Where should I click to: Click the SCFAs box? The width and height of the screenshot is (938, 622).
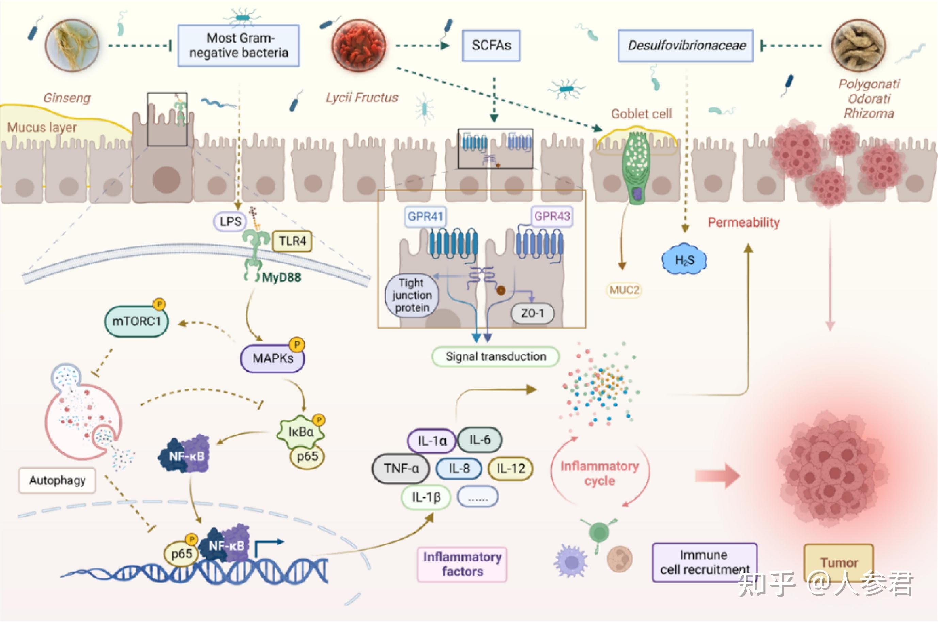491,46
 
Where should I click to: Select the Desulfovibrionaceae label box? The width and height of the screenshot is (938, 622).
685,46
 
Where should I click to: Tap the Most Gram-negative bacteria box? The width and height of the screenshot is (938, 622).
239,46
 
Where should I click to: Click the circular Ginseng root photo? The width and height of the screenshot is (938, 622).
72,45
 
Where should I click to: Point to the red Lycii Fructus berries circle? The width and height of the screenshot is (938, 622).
359,45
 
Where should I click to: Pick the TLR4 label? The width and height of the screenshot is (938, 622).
292,241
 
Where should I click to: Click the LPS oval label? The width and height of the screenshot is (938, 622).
230,221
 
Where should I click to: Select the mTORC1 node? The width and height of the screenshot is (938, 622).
136,321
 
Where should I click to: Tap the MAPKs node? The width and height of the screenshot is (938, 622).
273,358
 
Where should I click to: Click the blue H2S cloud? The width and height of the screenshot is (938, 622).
684,260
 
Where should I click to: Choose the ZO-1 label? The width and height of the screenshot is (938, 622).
532,313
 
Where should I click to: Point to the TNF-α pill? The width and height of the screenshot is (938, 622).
401,469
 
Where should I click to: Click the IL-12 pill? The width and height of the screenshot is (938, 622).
511,469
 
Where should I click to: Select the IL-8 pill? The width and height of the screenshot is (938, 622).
459,469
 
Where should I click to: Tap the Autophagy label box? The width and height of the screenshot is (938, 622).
57,481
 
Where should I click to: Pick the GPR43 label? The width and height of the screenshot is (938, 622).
552,216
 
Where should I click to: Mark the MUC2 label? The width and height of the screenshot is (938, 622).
624,290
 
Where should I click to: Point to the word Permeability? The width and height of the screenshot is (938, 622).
744,222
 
